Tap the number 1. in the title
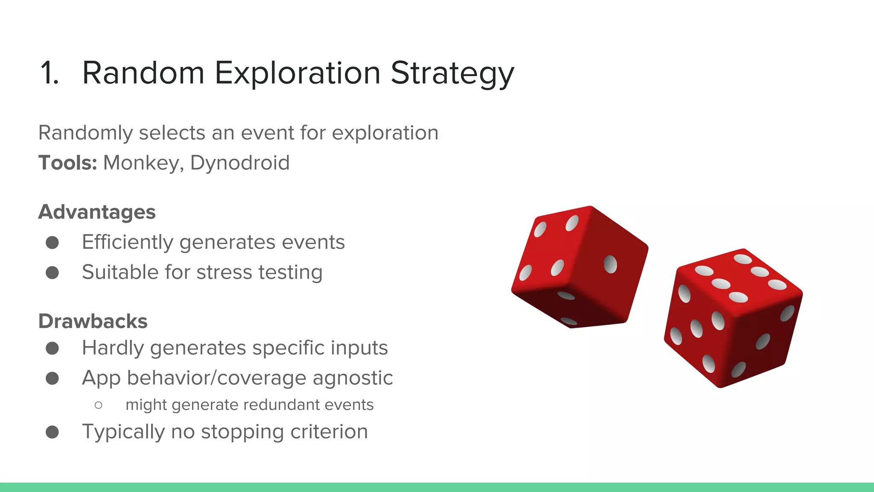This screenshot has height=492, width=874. [49, 73]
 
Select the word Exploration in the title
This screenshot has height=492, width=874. [297, 73]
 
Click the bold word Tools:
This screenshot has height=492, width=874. [68, 163]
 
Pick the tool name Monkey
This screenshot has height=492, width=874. [141, 163]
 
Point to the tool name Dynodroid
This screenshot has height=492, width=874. [240, 163]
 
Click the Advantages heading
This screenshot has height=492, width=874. [97, 212]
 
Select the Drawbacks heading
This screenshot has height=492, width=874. [93, 321]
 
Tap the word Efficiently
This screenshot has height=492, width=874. [128, 242]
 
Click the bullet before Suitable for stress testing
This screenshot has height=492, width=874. [52, 272]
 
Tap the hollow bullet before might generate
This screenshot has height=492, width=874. [99, 405]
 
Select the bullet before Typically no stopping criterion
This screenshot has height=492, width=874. [52, 432]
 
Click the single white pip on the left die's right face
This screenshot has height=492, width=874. [610, 264]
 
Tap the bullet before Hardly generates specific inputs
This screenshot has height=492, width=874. [52, 348]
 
